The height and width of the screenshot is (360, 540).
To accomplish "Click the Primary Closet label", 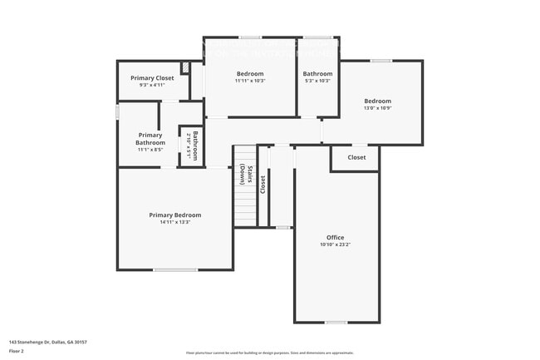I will pos(153,78).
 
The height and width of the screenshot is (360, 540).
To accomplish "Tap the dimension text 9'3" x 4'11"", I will pos(153,85).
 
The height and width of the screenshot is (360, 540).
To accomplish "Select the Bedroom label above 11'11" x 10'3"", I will pos(249,74).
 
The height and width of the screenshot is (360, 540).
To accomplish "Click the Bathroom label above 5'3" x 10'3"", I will pos(317,74).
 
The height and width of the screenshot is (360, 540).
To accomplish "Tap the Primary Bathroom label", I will pos(150,139).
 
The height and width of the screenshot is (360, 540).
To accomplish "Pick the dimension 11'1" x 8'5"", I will pos(150,150).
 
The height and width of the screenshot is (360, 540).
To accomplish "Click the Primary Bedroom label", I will pos(174,215).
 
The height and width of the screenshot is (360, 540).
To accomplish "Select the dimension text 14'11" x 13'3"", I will pos(174,222).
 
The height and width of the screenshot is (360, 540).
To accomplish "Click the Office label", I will pos(335,238).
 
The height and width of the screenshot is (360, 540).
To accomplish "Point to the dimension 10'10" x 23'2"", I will pos(335,244).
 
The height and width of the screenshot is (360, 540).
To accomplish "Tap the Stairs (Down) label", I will pos(246,175).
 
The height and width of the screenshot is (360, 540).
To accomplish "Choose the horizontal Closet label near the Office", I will pos(356,157).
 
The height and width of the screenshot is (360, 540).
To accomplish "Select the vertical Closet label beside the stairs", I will pos(263,184).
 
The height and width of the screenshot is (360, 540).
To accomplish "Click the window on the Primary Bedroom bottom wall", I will pos(175,269).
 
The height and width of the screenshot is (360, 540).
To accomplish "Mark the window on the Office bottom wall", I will pos(336,322).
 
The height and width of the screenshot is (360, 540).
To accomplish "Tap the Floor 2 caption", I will pos(17,351).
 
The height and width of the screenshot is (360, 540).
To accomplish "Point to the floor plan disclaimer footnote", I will pos(269,353).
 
